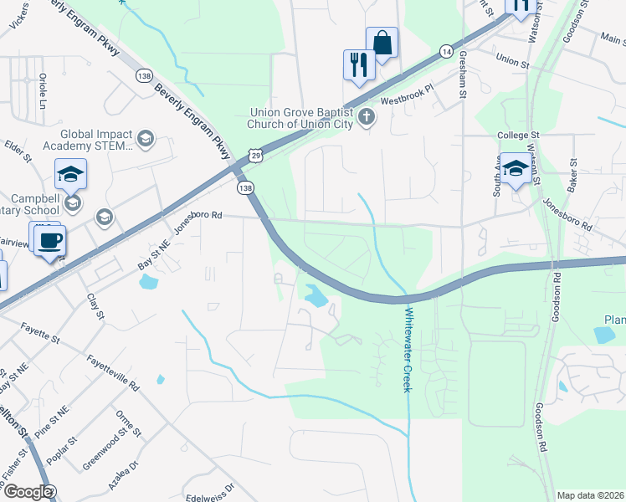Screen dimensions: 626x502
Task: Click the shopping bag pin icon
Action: [x=382, y=44]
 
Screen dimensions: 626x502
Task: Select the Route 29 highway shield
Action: [x=254, y=156]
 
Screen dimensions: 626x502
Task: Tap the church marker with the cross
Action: [x=366, y=118]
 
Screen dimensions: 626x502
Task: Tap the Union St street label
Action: [x=513, y=60]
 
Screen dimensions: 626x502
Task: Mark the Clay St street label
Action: [x=95, y=306]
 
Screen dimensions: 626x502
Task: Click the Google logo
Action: [x=28, y=492]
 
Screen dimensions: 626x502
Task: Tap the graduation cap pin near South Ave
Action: [x=516, y=168]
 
